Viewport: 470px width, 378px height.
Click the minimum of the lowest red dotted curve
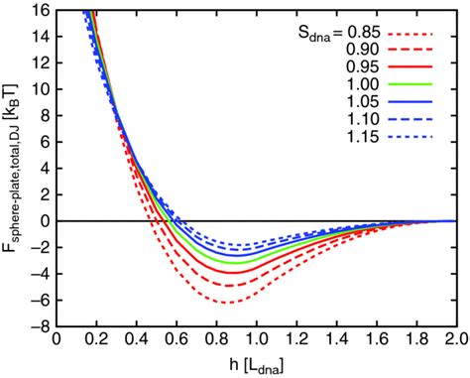click(x=228, y=302)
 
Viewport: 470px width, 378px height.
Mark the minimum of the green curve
click(x=231, y=261)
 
